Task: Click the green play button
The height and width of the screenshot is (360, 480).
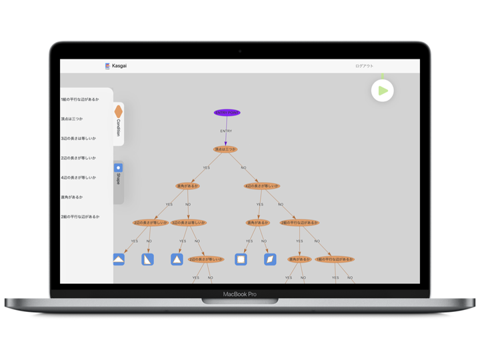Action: pos(382,91)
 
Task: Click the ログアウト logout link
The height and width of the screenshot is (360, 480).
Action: pos(365,66)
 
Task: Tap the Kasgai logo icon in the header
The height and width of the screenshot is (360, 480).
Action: pos(107,66)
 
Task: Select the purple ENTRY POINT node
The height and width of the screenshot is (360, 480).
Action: pos(227,113)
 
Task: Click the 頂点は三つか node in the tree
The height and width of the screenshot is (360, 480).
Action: pos(225,149)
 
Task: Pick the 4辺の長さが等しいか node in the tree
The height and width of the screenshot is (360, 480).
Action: pos(261,186)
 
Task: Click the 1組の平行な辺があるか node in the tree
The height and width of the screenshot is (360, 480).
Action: pos(335,259)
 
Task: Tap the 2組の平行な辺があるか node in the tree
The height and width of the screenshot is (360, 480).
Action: pos(299,223)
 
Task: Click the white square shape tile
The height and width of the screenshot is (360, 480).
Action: pos(241,259)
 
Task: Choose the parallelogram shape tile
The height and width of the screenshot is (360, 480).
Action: pos(270,259)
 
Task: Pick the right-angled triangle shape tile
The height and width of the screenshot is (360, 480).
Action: pos(147,259)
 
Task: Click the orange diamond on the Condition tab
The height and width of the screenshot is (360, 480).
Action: pos(118,111)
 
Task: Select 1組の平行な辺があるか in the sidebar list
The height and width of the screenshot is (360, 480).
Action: pos(80,99)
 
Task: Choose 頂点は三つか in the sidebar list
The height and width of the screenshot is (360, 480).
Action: pos(72,119)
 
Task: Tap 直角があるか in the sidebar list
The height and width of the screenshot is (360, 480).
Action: pos(72,197)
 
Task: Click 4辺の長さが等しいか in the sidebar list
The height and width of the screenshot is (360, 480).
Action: pos(79,177)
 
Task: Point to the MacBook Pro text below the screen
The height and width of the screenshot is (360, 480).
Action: pos(239,294)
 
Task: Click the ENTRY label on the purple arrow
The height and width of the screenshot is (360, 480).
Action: pos(226,131)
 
